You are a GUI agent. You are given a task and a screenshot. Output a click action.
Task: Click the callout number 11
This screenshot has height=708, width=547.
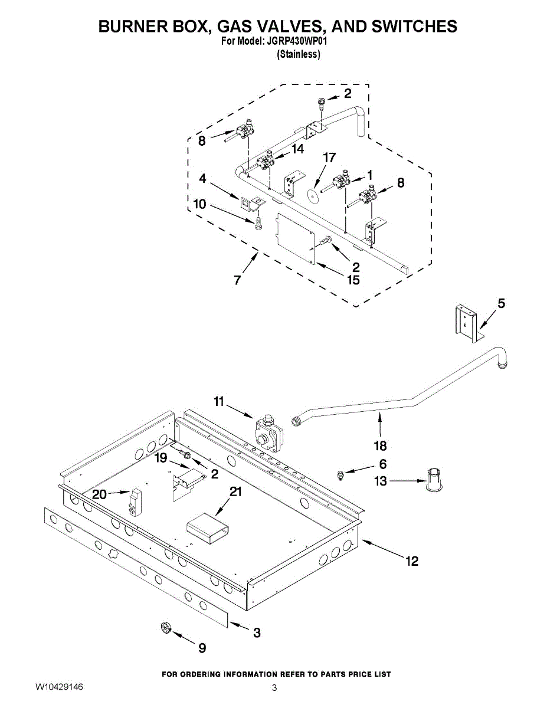[x=219, y=402]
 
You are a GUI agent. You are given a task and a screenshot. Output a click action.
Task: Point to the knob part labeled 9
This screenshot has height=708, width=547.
[x=166, y=629]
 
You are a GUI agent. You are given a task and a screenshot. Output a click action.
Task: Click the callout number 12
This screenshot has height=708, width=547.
[x=412, y=561]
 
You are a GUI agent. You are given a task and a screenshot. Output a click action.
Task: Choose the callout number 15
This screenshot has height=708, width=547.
[x=353, y=280]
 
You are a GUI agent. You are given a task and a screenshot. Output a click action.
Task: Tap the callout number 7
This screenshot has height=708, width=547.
[x=237, y=281]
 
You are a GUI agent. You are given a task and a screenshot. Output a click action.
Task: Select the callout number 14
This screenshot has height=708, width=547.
[x=297, y=149]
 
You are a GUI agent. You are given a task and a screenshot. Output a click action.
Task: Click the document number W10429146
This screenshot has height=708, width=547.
[x=59, y=687]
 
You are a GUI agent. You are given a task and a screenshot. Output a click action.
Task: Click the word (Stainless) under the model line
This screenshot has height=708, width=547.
[x=299, y=54]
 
